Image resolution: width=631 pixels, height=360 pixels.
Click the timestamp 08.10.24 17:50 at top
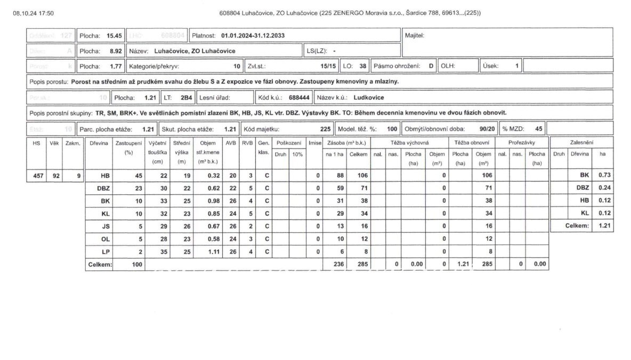pos(33,13)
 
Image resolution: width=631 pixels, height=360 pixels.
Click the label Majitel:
pos(414,36)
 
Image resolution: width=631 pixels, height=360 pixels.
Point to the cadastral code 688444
pos(299,97)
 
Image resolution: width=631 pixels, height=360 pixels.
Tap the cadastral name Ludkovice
pos(368,97)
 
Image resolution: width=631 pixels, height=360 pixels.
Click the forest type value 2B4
pos(186,97)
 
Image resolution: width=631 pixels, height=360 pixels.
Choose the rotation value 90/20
pos(487,129)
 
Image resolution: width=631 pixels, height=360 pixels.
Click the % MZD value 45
pos(538,129)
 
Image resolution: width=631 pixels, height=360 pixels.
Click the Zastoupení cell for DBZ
pos(136,187)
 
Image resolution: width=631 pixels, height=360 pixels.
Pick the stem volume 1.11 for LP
pos(209,251)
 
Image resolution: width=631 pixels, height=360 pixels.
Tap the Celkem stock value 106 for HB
pos(363,175)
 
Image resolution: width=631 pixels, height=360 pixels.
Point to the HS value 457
pos(36,175)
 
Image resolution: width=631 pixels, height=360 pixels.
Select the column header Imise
pos(315,143)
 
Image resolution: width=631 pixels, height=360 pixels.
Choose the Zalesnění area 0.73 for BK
pos(603,175)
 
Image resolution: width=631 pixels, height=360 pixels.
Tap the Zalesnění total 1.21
pos(603,226)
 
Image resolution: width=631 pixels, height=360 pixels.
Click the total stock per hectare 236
pos(339,264)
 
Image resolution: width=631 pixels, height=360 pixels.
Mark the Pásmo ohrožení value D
pos(431,66)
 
